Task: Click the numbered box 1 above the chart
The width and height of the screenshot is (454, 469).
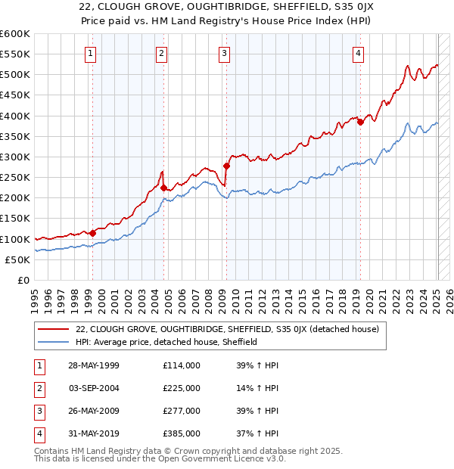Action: [x=90, y=53]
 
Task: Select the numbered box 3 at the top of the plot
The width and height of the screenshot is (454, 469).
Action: [x=225, y=53]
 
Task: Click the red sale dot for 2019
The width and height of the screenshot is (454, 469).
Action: [x=360, y=122]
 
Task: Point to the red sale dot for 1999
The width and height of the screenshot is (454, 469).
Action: [x=93, y=233]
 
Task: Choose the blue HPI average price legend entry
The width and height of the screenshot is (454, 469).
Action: [x=166, y=342]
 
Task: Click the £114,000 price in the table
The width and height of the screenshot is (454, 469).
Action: [x=182, y=365]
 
